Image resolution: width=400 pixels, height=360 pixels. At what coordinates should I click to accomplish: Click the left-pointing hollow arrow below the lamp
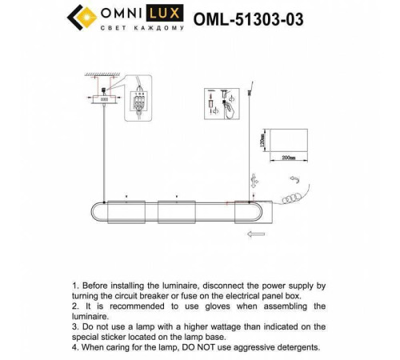tap(258, 234)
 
